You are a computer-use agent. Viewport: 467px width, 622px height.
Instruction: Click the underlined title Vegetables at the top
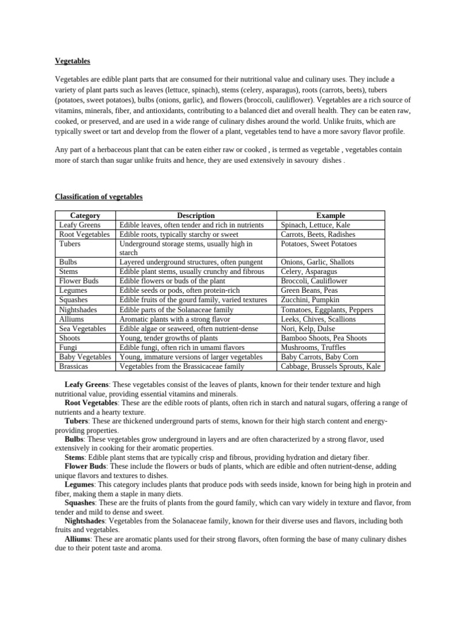click(x=72, y=61)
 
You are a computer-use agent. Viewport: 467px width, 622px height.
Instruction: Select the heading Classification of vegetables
click(x=99, y=196)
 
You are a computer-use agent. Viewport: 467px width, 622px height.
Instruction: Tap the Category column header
click(x=85, y=216)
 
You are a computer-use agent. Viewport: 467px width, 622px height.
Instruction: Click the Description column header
click(x=195, y=216)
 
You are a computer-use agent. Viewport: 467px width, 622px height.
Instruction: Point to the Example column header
click(x=330, y=216)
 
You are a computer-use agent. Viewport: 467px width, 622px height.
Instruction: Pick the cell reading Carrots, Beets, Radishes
click(x=318, y=234)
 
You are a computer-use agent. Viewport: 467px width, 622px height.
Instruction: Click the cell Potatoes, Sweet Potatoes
click(x=319, y=244)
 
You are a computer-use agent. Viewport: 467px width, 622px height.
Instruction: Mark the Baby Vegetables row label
click(x=85, y=357)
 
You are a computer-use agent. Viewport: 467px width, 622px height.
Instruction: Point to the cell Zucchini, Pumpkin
click(x=311, y=300)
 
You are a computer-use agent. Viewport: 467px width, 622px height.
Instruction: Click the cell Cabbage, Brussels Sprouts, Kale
click(x=331, y=366)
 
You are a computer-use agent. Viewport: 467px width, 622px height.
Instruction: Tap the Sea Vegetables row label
click(x=82, y=329)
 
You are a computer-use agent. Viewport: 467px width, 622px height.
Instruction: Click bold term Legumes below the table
click(x=79, y=485)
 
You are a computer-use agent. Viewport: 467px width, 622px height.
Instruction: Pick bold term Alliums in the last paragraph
click(x=78, y=539)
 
